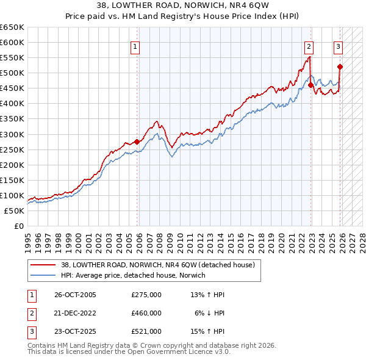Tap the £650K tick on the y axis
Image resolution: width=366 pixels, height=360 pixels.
[x=12, y=27]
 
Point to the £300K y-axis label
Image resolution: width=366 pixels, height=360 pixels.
[x=12, y=134]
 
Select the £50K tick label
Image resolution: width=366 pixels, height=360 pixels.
[x=15, y=211]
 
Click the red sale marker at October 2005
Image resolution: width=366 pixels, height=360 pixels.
[x=137, y=142]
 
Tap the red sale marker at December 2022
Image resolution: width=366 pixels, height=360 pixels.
[x=311, y=85]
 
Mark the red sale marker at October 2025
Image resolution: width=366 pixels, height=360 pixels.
[x=340, y=67]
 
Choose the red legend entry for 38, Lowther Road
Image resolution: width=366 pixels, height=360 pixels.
[x=161, y=265]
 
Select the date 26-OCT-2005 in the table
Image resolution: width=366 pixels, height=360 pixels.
[x=75, y=295]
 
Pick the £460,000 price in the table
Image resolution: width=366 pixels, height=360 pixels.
[x=146, y=313]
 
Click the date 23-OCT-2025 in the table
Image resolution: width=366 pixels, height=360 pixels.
[x=75, y=331]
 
